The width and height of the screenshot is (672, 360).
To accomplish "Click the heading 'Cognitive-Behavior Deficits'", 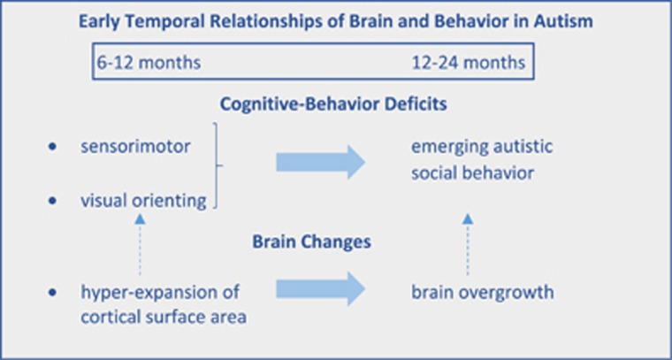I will click(x=335, y=104).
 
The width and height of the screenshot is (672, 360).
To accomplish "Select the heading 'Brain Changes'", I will click(x=335, y=240).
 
